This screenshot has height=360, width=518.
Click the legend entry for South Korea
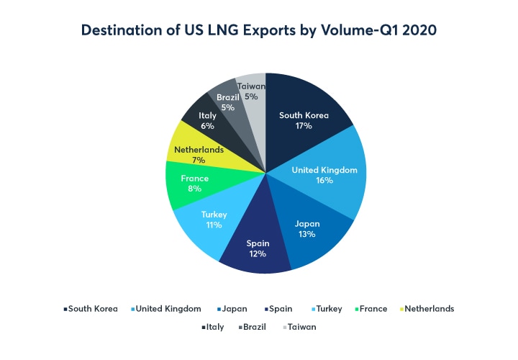point(91,309)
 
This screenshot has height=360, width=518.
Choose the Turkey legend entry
point(326,309)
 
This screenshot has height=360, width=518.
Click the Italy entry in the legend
point(212,326)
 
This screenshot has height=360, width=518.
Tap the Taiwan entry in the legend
point(300,326)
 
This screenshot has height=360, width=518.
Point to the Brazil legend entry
point(255,326)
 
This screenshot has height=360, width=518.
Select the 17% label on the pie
point(303,125)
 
